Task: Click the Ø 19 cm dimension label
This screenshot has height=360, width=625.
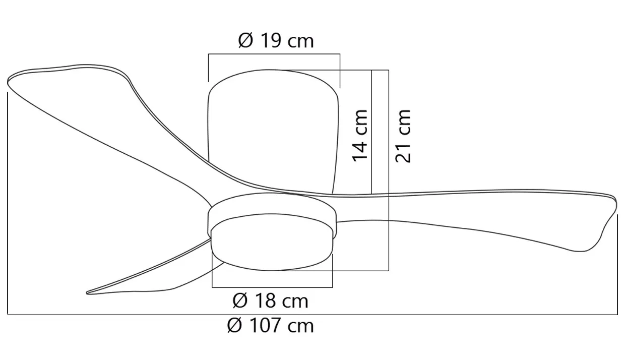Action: pyautogui.click(x=276, y=41)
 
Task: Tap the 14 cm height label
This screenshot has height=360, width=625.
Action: pyautogui.click(x=360, y=136)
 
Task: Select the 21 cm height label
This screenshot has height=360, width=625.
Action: pyautogui.click(x=403, y=136)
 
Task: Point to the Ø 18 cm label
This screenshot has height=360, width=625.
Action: pyautogui.click(x=270, y=301)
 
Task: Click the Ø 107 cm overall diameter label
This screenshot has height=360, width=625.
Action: pyautogui.click(x=270, y=325)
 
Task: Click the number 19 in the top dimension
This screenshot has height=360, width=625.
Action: pyautogui.click(x=271, y=41)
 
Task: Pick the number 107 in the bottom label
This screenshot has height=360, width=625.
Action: pyautogui.click(x=265, y=325)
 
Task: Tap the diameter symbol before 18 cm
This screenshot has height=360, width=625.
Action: pyautogui.click(x=240, y=301)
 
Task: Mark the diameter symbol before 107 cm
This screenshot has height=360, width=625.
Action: pyautogui.click(x=234, y=325)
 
